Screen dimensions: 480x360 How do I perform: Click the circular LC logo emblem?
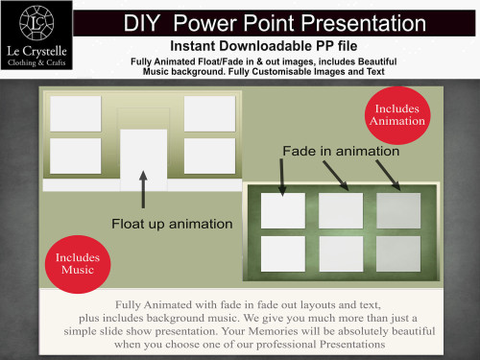pyautogui.click(x=36, y=23)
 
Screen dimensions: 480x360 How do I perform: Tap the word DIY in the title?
pyautogui.click(x=141, y=23)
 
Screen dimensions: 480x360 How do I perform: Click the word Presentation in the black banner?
pyautogui.click(x=364, y=23)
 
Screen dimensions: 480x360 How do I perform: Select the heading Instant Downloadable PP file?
pyautogui.click(x=264, y=46)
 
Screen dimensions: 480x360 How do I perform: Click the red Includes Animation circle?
pyautogui.click(x=397, y=115)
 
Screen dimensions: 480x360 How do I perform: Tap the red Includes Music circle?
pyautogui.click(x=78, y=264)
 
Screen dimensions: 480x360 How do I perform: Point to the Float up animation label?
pyautogui.click(x=172, y=224)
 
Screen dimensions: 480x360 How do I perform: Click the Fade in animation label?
pyautogui.click(x=341, y=151)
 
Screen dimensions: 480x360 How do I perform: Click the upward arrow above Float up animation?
pyautogui.click(x=143, y=189)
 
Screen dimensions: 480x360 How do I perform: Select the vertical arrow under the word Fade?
pyautogui.click(x=282, y=178)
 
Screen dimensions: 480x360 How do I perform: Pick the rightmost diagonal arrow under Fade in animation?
pyautogui.click(x=388, y=176)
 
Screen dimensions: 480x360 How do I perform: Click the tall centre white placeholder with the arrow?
pyautogui.click(x=144, y=160)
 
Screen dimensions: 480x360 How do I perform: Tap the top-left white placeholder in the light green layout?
pyautogui.click(x=76, y=113)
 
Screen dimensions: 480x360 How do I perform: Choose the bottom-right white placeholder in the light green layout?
pyautogui.click(x=209, y=156)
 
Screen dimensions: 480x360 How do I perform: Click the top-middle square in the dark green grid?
pyautogui.click(x=341, y=210)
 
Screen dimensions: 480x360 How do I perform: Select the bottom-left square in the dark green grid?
pyautogui.click(x=283, y=253)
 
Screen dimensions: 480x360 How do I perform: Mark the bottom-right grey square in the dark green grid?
pyautogui.click(x=398, y=253)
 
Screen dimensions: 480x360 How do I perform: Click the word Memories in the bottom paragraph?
pyautogui.click(x=273, y=331)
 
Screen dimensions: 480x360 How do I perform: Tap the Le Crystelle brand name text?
pyautogui.click(x=36, y=51)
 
